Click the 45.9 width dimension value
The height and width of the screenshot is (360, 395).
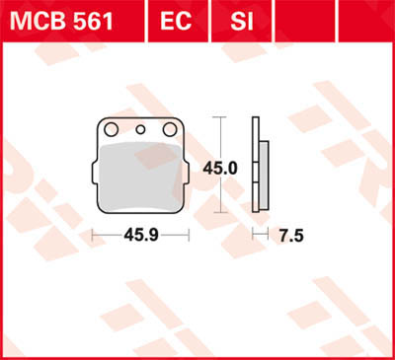(x=139, y=235)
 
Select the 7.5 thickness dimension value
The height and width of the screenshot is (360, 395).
(x=291, y=235)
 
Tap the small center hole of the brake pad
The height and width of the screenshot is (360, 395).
(x=140, y=129)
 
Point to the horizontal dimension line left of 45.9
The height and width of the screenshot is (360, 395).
(x=105, y=235)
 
